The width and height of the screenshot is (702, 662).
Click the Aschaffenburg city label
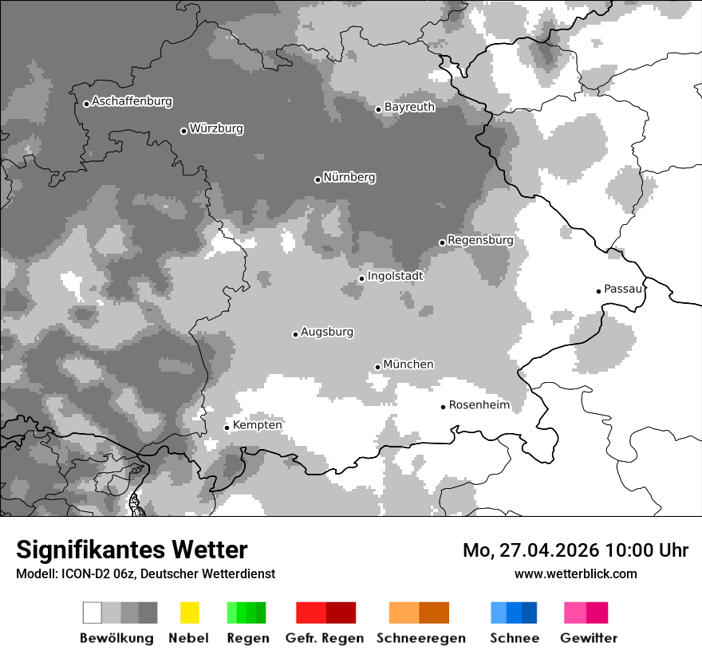[132, 102]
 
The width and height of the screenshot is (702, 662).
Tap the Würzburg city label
[216, 129]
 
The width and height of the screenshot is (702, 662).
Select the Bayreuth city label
[409, 107]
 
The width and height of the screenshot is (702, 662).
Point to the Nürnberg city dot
[317, 179]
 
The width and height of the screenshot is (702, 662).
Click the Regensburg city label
[480, 240]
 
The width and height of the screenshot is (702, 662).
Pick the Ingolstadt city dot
[361, 278]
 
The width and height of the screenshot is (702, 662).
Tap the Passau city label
[623, 289]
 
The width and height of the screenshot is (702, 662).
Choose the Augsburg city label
[327, 332]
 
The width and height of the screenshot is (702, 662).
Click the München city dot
[378, 367]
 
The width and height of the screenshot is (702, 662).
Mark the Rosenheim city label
[479, 405]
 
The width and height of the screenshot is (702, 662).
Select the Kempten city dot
[227, 428]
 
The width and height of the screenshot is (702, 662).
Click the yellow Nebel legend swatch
[189, 613]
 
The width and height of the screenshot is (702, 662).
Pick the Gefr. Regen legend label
[325, 638]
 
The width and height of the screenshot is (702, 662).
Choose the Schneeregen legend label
[421, 638]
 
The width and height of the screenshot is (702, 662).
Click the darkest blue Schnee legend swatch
[530, 613]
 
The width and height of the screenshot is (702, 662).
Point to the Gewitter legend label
[589, 638]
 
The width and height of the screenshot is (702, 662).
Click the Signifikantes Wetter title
[132, 550]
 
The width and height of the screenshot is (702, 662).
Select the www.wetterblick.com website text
[575, 573]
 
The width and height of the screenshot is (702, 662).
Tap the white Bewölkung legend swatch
[93, 613]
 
